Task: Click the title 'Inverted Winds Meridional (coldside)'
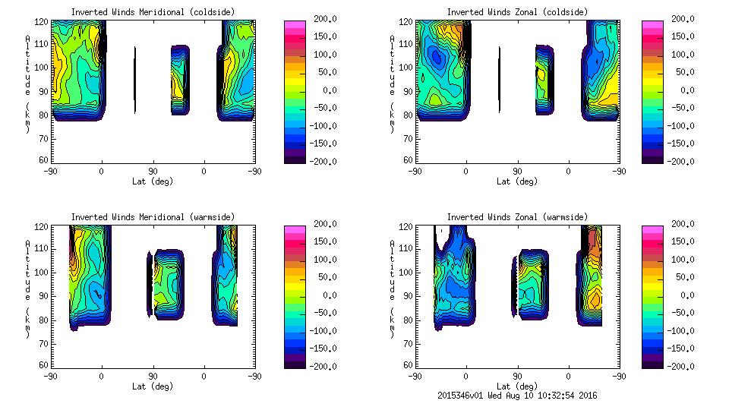pyautogui.click(x=153, y=12)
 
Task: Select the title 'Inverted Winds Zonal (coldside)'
pyautogui.click(x=517, y=12)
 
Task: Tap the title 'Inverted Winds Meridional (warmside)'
pyautogui.click(x=153, y=217)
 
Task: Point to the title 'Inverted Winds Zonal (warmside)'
pyautogui.click(x=517, y=217)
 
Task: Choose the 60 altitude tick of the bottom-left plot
pyautogui.click(x=44, y=365)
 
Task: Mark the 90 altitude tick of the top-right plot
pyautogui.click(x=409, y=92)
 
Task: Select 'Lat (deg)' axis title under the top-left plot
pyautogui.click(x=153, y=181)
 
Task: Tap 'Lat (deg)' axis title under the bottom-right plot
pyautogui.click(x=517, y=386)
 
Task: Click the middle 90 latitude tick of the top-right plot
pyautogui.click(x=517, y=172)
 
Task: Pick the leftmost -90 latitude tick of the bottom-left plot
pyautogui.click(x=50, y=377)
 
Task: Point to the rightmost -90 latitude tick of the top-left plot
pyautogui.click(x=254, y=172)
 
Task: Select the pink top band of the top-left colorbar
pyautogui.click(x=294, y=24)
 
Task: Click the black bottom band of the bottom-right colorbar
pyautogui.click(x=651, y=363)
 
